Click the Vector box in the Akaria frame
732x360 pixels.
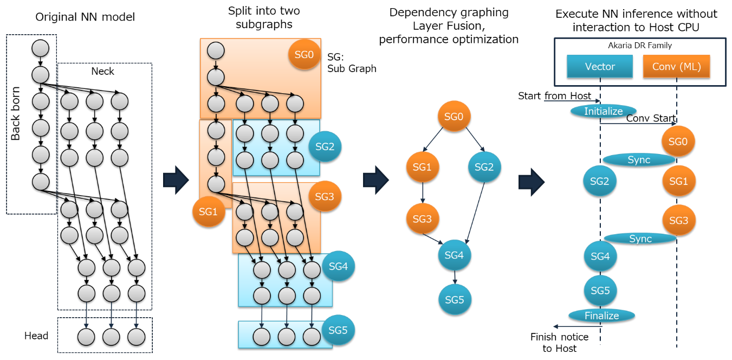[x=600, y=67]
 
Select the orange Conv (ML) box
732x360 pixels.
[x=676, y=67]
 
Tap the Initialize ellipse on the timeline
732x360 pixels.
[x=603, y=111]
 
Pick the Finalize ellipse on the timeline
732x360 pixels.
[x=601, y=316]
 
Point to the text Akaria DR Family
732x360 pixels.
[x=639, y=46]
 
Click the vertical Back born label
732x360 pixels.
[x=16, y=113]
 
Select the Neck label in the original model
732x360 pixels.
[x=102, y=71]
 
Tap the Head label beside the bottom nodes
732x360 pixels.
[x=36, y=336]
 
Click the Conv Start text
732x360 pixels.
[x=651, y=118]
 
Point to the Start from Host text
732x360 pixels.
[x=554, y=96]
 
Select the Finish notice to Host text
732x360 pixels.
[x=559, y=343]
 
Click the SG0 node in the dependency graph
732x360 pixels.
[x=454, y=117]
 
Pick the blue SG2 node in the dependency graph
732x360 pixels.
[x=484, y=167]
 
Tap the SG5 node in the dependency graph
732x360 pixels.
[x=454, y=299]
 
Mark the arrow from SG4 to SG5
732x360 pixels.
[x=454, y=277]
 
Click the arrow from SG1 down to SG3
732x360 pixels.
[x=423, y=193]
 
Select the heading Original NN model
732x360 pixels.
[x=85, y=17]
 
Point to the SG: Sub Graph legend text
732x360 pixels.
[x=352, y=62]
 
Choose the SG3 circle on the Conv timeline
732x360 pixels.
[x=678, y=221]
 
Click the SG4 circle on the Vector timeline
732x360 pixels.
[x=600, y=256]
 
